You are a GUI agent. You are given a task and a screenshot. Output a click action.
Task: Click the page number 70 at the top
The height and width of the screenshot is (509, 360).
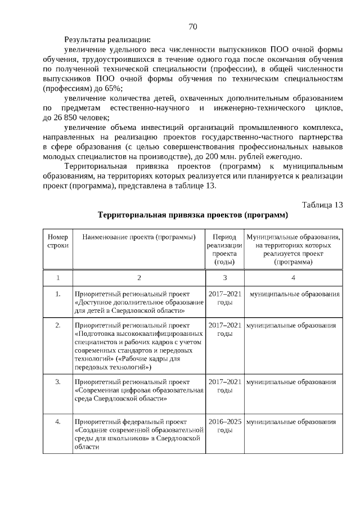[192, 26]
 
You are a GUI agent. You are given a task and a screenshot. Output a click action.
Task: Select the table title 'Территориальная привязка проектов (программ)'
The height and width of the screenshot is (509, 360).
[192, 215]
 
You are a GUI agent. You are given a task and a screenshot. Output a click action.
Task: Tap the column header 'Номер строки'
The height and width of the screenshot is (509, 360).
[58, 241]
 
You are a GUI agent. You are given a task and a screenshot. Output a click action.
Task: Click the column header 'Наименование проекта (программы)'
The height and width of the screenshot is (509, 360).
[139, 237]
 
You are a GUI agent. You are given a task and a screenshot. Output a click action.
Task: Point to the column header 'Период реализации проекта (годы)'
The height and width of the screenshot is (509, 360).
[224, 249]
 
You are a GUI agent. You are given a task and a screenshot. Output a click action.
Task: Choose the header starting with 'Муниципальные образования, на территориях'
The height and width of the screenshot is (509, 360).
[293, 249]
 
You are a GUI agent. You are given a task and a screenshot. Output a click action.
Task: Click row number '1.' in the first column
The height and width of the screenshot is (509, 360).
[58, 294]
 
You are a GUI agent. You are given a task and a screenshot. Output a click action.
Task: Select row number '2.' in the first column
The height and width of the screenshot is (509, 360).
[58, 326]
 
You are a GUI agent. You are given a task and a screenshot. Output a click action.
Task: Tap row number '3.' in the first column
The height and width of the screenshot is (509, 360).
[58, 382]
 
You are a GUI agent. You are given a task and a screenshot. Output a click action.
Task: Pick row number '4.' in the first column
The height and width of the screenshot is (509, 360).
[58, 421]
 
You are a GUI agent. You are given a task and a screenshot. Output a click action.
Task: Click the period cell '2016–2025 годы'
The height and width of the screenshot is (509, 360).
[224, 425]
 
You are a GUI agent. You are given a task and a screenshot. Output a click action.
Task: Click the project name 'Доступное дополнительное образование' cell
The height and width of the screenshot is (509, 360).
[139, 302]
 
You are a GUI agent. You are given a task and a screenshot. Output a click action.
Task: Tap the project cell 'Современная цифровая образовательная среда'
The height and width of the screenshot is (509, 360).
[139, 390]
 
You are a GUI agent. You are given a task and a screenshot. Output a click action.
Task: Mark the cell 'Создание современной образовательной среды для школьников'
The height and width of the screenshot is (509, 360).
[139, 434]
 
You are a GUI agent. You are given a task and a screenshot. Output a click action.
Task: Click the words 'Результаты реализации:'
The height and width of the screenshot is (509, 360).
[107, 39]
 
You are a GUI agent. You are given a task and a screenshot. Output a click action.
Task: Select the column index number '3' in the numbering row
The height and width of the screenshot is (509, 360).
[224, 277]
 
